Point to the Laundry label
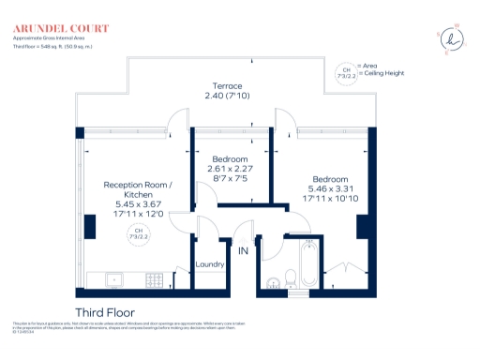210,264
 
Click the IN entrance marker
242,251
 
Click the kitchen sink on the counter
111,278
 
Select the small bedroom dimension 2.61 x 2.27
229,169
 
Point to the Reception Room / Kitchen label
138,190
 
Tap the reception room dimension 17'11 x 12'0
138,214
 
